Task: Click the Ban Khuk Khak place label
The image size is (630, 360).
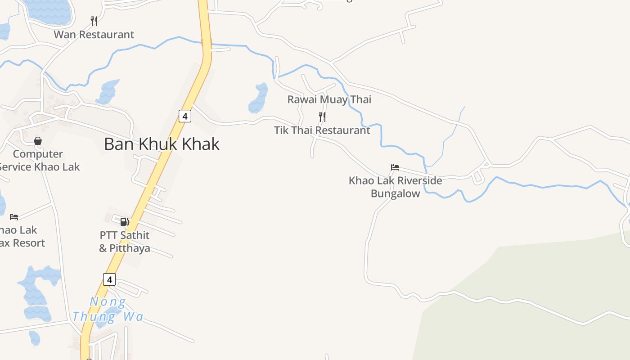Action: pos(162,144)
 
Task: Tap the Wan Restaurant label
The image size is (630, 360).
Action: pos(94,35)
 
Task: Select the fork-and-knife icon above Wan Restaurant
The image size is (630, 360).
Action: pos(94,21)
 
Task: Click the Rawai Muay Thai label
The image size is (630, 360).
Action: pos(329,99)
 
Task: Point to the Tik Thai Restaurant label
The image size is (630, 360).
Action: pos(322,130)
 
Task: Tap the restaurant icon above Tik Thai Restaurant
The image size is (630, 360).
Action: pos(322,117)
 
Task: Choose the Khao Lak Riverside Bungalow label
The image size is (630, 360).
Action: pos(395,187)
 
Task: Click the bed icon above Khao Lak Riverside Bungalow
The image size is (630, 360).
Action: pos(395,167)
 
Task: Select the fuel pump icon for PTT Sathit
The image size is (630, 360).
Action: pos(125,221)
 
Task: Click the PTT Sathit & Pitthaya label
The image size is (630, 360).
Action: pos(125,242)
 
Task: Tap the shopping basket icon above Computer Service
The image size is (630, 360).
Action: pos(38,141)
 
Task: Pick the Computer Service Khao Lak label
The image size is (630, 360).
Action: pos(39,160)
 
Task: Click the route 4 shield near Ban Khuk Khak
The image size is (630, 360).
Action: pos(185,116)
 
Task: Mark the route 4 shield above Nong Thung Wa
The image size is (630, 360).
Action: pos(109,279)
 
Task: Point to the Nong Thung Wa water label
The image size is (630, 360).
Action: pos(108,309)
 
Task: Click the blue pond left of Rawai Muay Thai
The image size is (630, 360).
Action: pos(258,98)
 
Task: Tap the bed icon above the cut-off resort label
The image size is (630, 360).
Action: pos(14,217)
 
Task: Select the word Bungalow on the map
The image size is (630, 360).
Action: pos(395,193)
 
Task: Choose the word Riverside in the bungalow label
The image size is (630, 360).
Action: pos(415,180)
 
